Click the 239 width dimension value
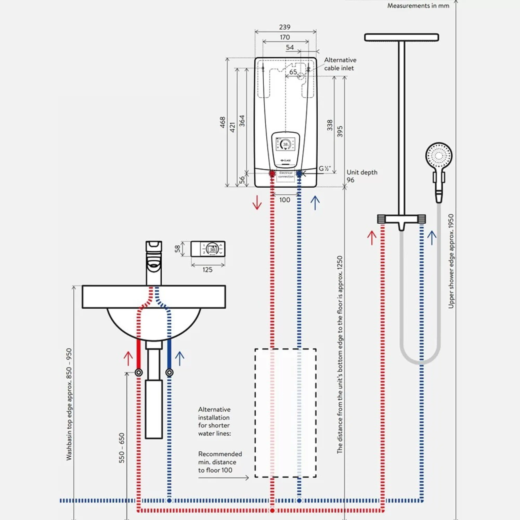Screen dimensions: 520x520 pos(285,27)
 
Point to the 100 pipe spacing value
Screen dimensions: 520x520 pos(285,200)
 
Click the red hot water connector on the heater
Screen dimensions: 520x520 pos(272,174)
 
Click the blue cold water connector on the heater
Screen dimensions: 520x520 pos(299,174)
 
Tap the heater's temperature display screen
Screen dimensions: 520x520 pos(286,145)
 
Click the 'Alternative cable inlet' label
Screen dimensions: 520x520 pos(340,64)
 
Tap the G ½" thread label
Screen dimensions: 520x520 pos(325,169)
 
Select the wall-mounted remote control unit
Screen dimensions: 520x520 pos(208,249)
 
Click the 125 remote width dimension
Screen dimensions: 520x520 pos(207,270)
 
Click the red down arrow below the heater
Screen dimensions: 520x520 pos(257,202)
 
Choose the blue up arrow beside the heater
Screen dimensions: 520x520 pos(315,203)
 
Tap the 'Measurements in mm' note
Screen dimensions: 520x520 pos(418,6)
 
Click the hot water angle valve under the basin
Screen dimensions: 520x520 pos(139,373)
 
